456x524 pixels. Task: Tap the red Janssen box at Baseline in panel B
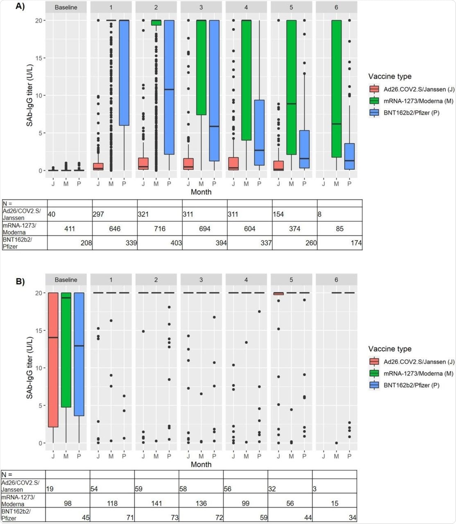pyautogui.click(x=53, y=360)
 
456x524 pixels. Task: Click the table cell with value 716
pyautogui.click(x=160, y=229)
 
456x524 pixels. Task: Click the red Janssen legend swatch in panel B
pyautogui.click(x=373, y=361)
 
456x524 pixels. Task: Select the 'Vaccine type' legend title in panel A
pyautogui.click(x=390, y=77)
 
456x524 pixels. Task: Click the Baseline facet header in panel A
pyautogui.click(x=66, y=7)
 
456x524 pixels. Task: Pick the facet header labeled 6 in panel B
pyautogui.click(x=336, y=280)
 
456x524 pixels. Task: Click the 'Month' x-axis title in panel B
pyautogui.click(x=201, y=464)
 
